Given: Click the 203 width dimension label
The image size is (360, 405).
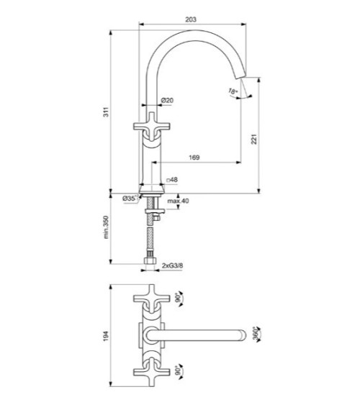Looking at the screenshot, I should click(x=190, y=20).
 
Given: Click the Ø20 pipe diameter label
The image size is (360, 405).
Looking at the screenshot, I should click(x=165, y=100).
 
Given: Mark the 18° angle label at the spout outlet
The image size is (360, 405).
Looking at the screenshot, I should click(x=232, y=91).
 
